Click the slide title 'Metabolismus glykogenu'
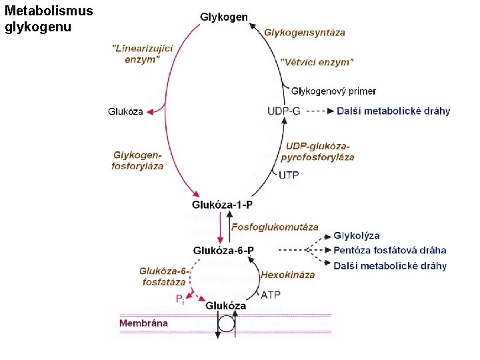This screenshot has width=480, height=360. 49,19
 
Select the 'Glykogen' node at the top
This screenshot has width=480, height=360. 224,17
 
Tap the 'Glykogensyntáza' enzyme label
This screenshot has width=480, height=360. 305,32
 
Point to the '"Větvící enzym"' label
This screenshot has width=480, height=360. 317,62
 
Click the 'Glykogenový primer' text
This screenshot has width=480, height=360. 334,91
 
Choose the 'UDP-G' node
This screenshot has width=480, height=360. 283,111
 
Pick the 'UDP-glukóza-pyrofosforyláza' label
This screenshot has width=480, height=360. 320,152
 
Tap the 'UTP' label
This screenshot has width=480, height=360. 289,175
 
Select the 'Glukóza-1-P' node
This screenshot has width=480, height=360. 223,204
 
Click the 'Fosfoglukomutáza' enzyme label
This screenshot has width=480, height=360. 275,227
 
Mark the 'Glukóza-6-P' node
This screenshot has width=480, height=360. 223,250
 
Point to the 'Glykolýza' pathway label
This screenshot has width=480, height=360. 357,236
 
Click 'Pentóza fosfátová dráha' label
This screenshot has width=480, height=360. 390,251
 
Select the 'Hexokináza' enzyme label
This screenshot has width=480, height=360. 288,275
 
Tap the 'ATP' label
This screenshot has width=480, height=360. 271,293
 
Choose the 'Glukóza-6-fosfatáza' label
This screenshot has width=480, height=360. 163,277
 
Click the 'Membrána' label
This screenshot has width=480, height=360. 143,323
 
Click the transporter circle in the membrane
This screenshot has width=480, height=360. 227,325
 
